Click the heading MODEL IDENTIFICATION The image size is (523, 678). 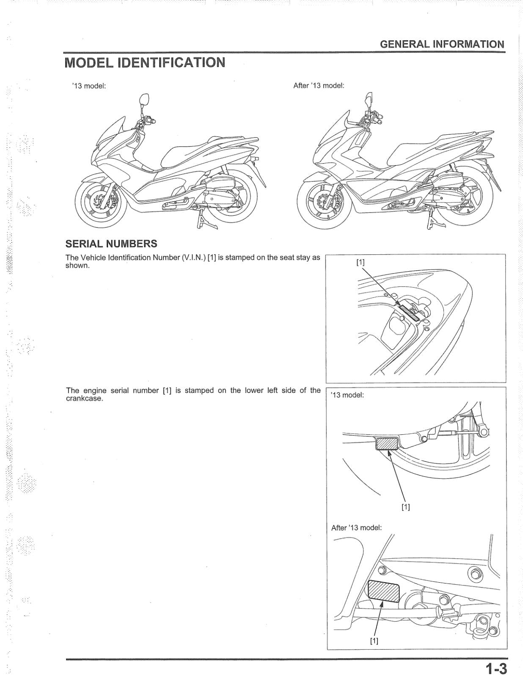coord(145,63)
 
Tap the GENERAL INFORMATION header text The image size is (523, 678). coord(442,44)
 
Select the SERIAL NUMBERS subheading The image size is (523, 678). coord(111,244)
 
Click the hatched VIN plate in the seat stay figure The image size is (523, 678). coord(410,311)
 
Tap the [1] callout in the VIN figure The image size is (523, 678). coord(360,262)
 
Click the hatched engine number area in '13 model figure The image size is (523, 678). coord(387,444)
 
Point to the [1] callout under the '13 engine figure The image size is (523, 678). coord(405,507)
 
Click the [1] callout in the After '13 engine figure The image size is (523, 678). coord(374,640)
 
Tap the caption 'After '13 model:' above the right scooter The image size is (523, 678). coord(319,86)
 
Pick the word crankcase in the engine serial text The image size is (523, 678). coord(84,399)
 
